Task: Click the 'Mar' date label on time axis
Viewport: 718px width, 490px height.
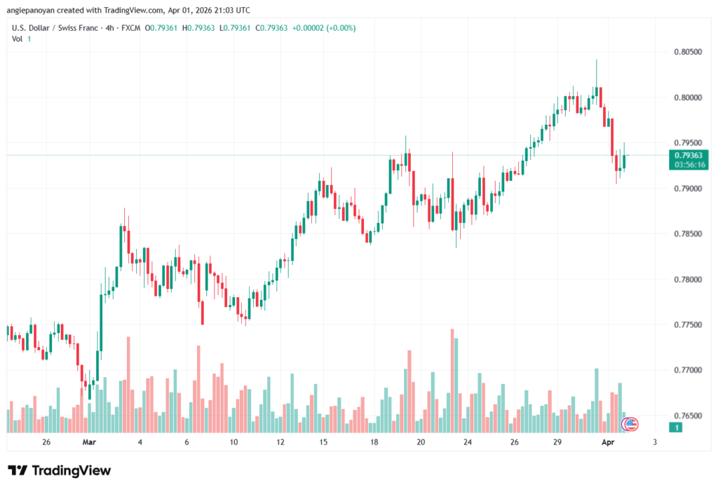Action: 88,442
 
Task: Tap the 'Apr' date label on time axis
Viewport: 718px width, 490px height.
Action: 608,442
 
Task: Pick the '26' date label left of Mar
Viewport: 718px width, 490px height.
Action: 46,442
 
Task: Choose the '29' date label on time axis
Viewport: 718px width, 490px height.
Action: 557,442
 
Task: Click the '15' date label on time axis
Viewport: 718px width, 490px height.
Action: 323,442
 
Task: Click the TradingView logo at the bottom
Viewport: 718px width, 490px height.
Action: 59,470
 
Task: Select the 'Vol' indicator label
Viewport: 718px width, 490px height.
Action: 18,39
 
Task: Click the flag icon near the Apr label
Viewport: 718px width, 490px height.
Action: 631,423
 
